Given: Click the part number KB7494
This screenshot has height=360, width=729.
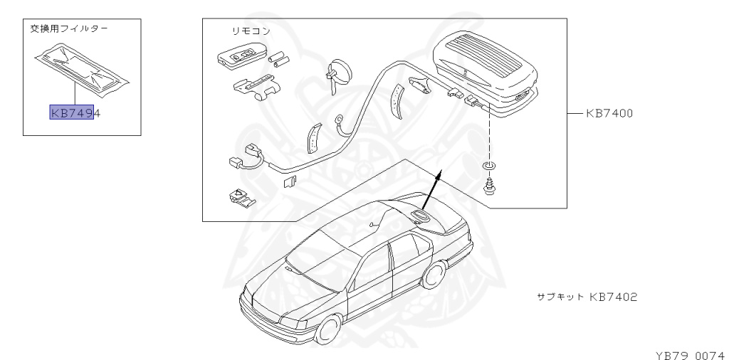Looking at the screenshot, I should [75, 112].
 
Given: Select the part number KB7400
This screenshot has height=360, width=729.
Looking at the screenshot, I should [609, 112].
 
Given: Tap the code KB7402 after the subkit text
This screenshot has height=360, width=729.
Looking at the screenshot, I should [612, 296].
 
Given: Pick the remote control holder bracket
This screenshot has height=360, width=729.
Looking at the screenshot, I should [253, 85].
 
